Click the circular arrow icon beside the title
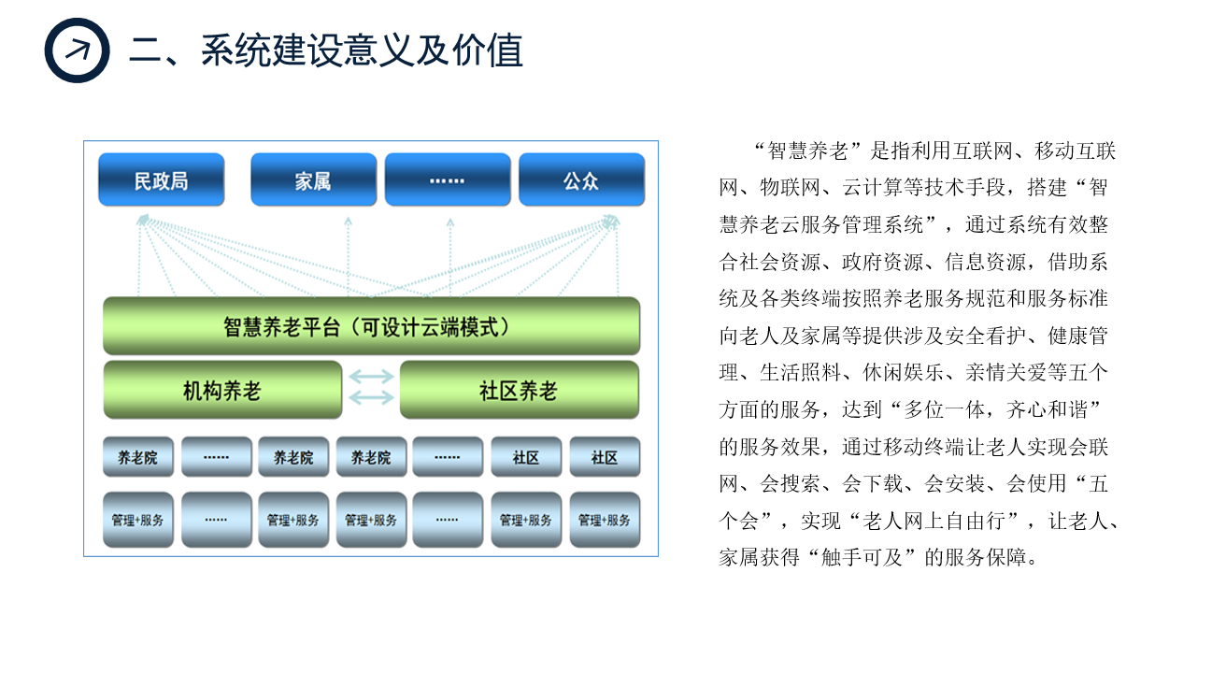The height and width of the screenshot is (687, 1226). [78, 50]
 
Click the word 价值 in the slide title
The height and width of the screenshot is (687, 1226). [488, 50]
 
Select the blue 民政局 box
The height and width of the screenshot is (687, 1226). [162, 180]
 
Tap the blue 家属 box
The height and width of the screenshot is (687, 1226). [314, 180]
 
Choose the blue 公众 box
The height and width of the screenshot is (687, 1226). [582, 180]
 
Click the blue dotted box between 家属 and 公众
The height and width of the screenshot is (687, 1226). [448, 180]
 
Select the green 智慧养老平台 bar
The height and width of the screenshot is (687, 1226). [372, 326]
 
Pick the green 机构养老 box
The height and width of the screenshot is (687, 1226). [222, 391]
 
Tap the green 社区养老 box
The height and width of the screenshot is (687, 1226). [520, 391]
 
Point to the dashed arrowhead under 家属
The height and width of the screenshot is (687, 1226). [349, 222]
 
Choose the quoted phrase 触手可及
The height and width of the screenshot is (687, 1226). [862, 558]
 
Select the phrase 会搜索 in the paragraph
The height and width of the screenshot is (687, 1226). [790, 484]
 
